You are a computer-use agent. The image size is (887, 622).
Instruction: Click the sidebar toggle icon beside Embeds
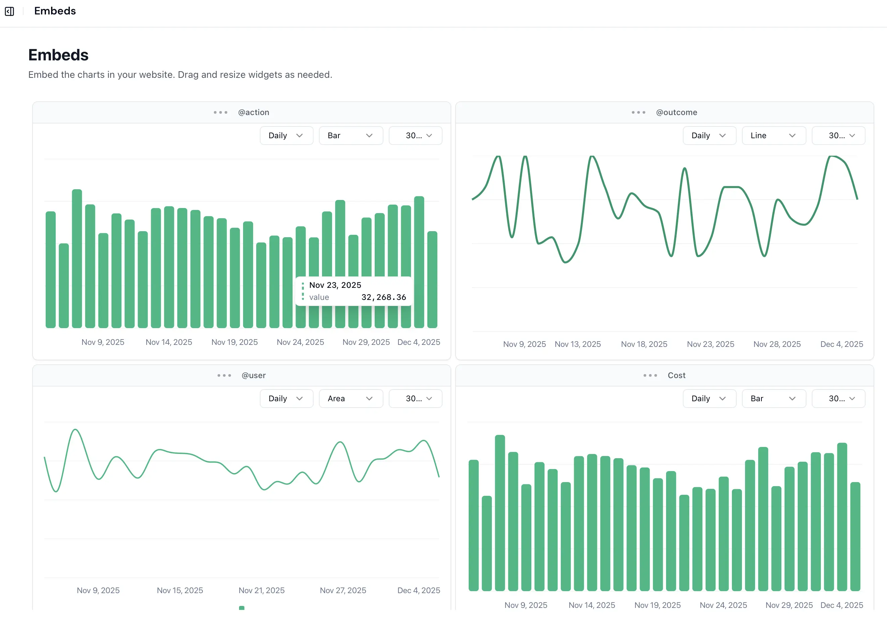(9, 11)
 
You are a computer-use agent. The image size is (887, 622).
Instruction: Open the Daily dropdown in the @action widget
(286, 136)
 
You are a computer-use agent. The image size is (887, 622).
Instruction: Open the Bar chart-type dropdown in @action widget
(351, 136)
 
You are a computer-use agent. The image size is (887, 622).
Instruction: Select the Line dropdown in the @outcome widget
(774, 136)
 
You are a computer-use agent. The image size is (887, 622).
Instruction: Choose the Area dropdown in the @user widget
(351, 399)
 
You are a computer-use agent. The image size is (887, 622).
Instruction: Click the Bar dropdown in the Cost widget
(774, 399)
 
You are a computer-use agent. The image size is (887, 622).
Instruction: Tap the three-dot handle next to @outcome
(638, 112)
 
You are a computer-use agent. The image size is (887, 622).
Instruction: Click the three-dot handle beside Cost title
(650, 375)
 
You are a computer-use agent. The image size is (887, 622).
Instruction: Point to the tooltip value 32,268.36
(383, 297)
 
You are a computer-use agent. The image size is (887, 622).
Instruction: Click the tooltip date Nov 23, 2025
(335, 285)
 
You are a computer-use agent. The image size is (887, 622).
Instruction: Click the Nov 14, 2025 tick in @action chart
(169, 342)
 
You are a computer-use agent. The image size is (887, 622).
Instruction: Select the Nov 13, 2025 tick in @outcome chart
(577, 344)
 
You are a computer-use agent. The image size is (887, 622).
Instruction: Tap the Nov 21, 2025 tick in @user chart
(261, 590)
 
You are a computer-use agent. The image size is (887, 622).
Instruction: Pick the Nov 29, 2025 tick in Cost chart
(789, 605)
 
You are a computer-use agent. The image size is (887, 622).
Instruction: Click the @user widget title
(253, 375)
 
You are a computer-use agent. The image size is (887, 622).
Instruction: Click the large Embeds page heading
(58, 55)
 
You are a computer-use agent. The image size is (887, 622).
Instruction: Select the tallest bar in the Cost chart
(500, 514)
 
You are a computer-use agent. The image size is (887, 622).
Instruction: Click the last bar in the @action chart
(432, 280)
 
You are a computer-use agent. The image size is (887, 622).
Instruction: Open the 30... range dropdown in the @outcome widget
(838, 136)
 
